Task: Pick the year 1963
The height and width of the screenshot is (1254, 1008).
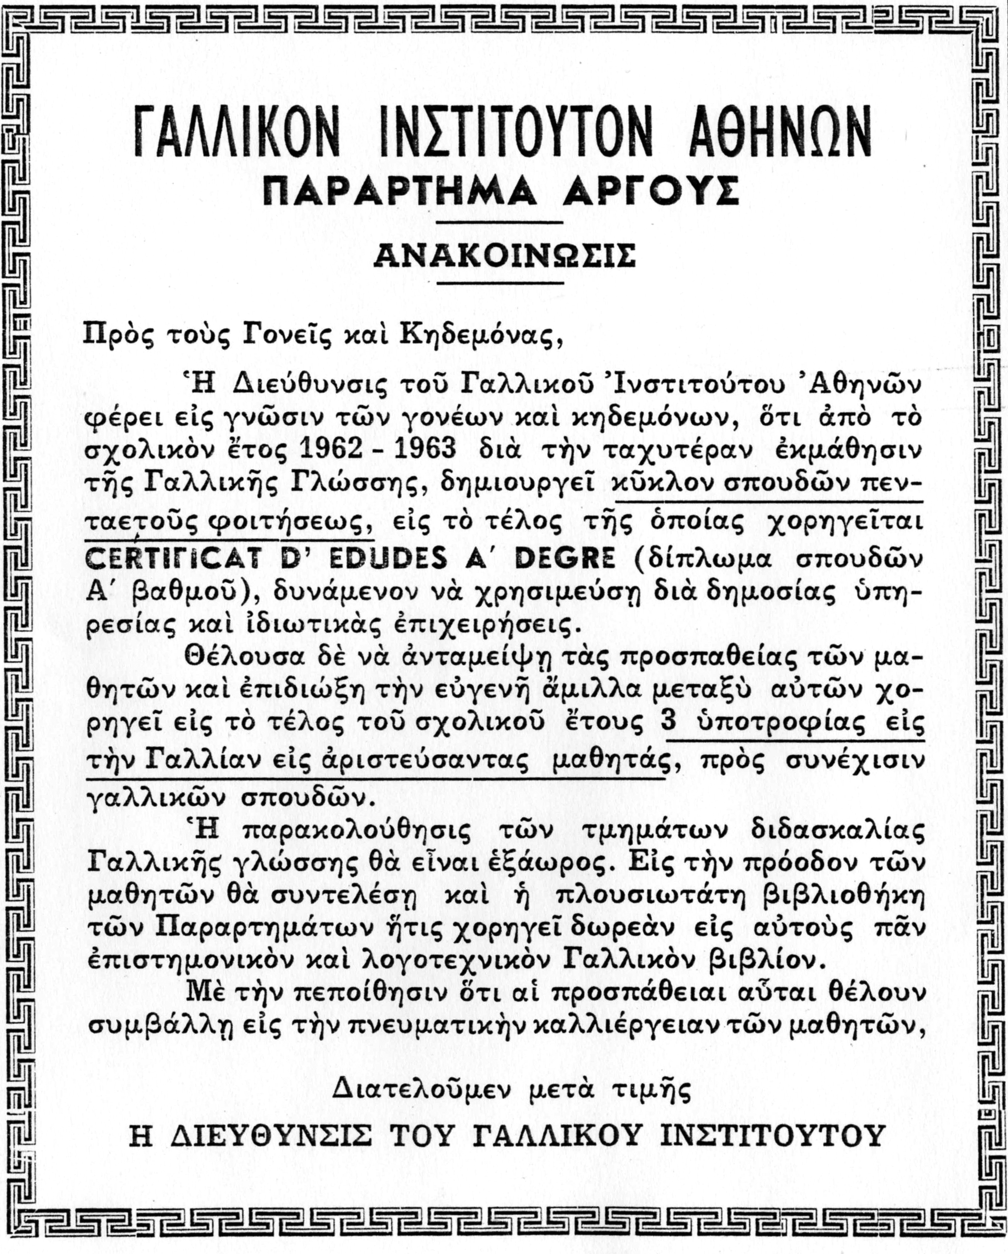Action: [425, 449]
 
